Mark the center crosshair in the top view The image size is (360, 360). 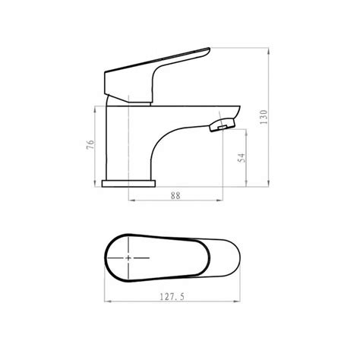[128, 258]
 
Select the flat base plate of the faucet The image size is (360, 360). [130, 184]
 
